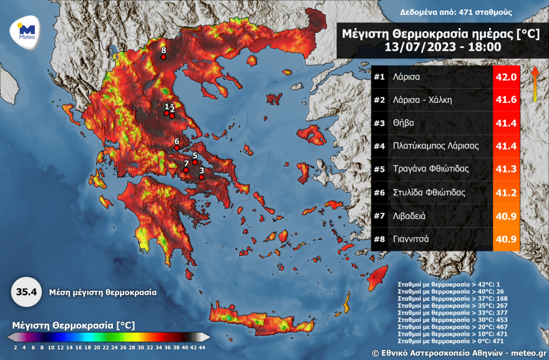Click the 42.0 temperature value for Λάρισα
[506, 77]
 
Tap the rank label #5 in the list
[379, 169]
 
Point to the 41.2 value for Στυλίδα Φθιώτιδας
[506, 192]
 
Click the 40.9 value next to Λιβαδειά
[506, 215]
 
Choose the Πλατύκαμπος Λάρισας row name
[435, 146]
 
